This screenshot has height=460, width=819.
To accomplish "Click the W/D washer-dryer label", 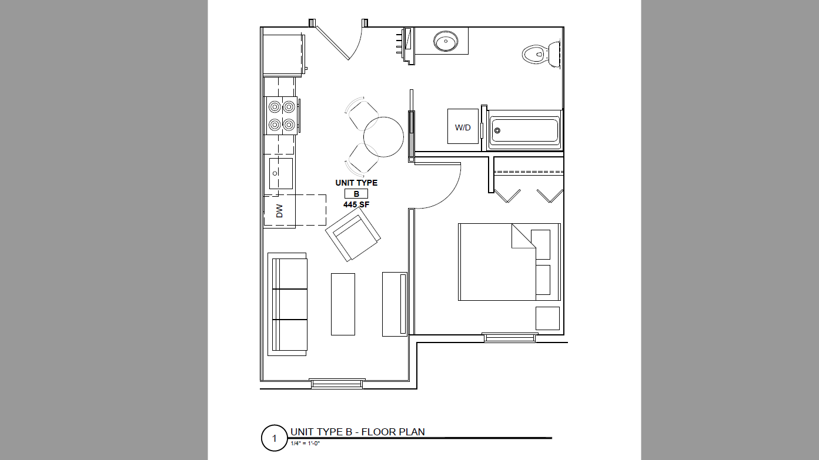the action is coord(463,127).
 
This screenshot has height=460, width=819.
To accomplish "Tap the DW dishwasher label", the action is coord(280,211).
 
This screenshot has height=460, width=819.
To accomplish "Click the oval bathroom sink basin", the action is coord(446,41).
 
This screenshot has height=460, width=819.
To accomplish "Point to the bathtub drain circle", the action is coord(497,130).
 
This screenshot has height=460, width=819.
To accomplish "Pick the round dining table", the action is coord(383,137).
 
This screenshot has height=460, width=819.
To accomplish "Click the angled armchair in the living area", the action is coord(353,234).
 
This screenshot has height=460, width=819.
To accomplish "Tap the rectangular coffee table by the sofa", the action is coord(343,304).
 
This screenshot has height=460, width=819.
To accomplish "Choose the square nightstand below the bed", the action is coord(548,318).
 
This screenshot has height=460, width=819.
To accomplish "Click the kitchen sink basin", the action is coord(281,173).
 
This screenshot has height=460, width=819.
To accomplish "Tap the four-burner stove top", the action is coord(282,116).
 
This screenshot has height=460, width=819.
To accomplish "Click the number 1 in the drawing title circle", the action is coord(275,438).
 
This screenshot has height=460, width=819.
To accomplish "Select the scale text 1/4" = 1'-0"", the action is coord(305,444).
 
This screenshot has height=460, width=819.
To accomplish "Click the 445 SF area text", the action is coord(356,204).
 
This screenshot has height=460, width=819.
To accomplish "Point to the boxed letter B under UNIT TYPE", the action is coord(356,194).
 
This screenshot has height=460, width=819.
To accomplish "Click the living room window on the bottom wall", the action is coord(337,384).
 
